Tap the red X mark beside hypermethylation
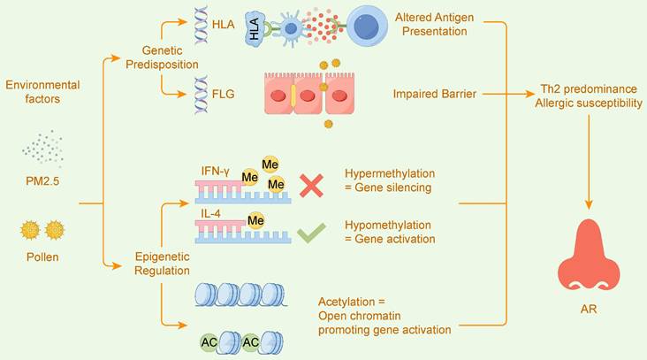click(311, 185)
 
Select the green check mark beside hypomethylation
click(311, 233)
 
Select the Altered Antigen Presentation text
click(443, 25)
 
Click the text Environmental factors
click(42, 91)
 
